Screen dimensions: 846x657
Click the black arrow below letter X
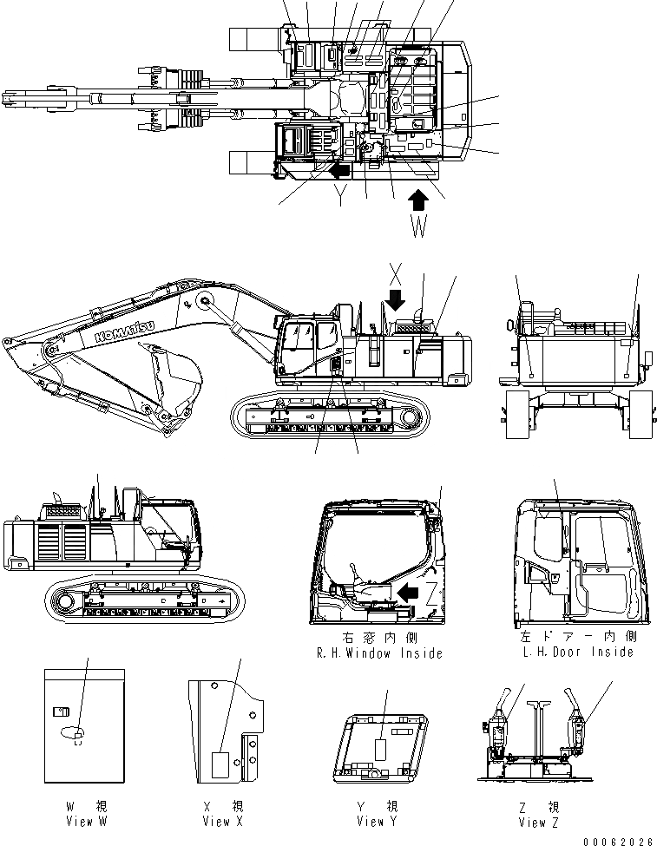396,299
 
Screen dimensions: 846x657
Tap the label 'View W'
87,821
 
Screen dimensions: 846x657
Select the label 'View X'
223,821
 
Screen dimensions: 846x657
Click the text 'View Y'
378,821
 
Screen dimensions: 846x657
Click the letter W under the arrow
418,229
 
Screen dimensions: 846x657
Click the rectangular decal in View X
220,763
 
